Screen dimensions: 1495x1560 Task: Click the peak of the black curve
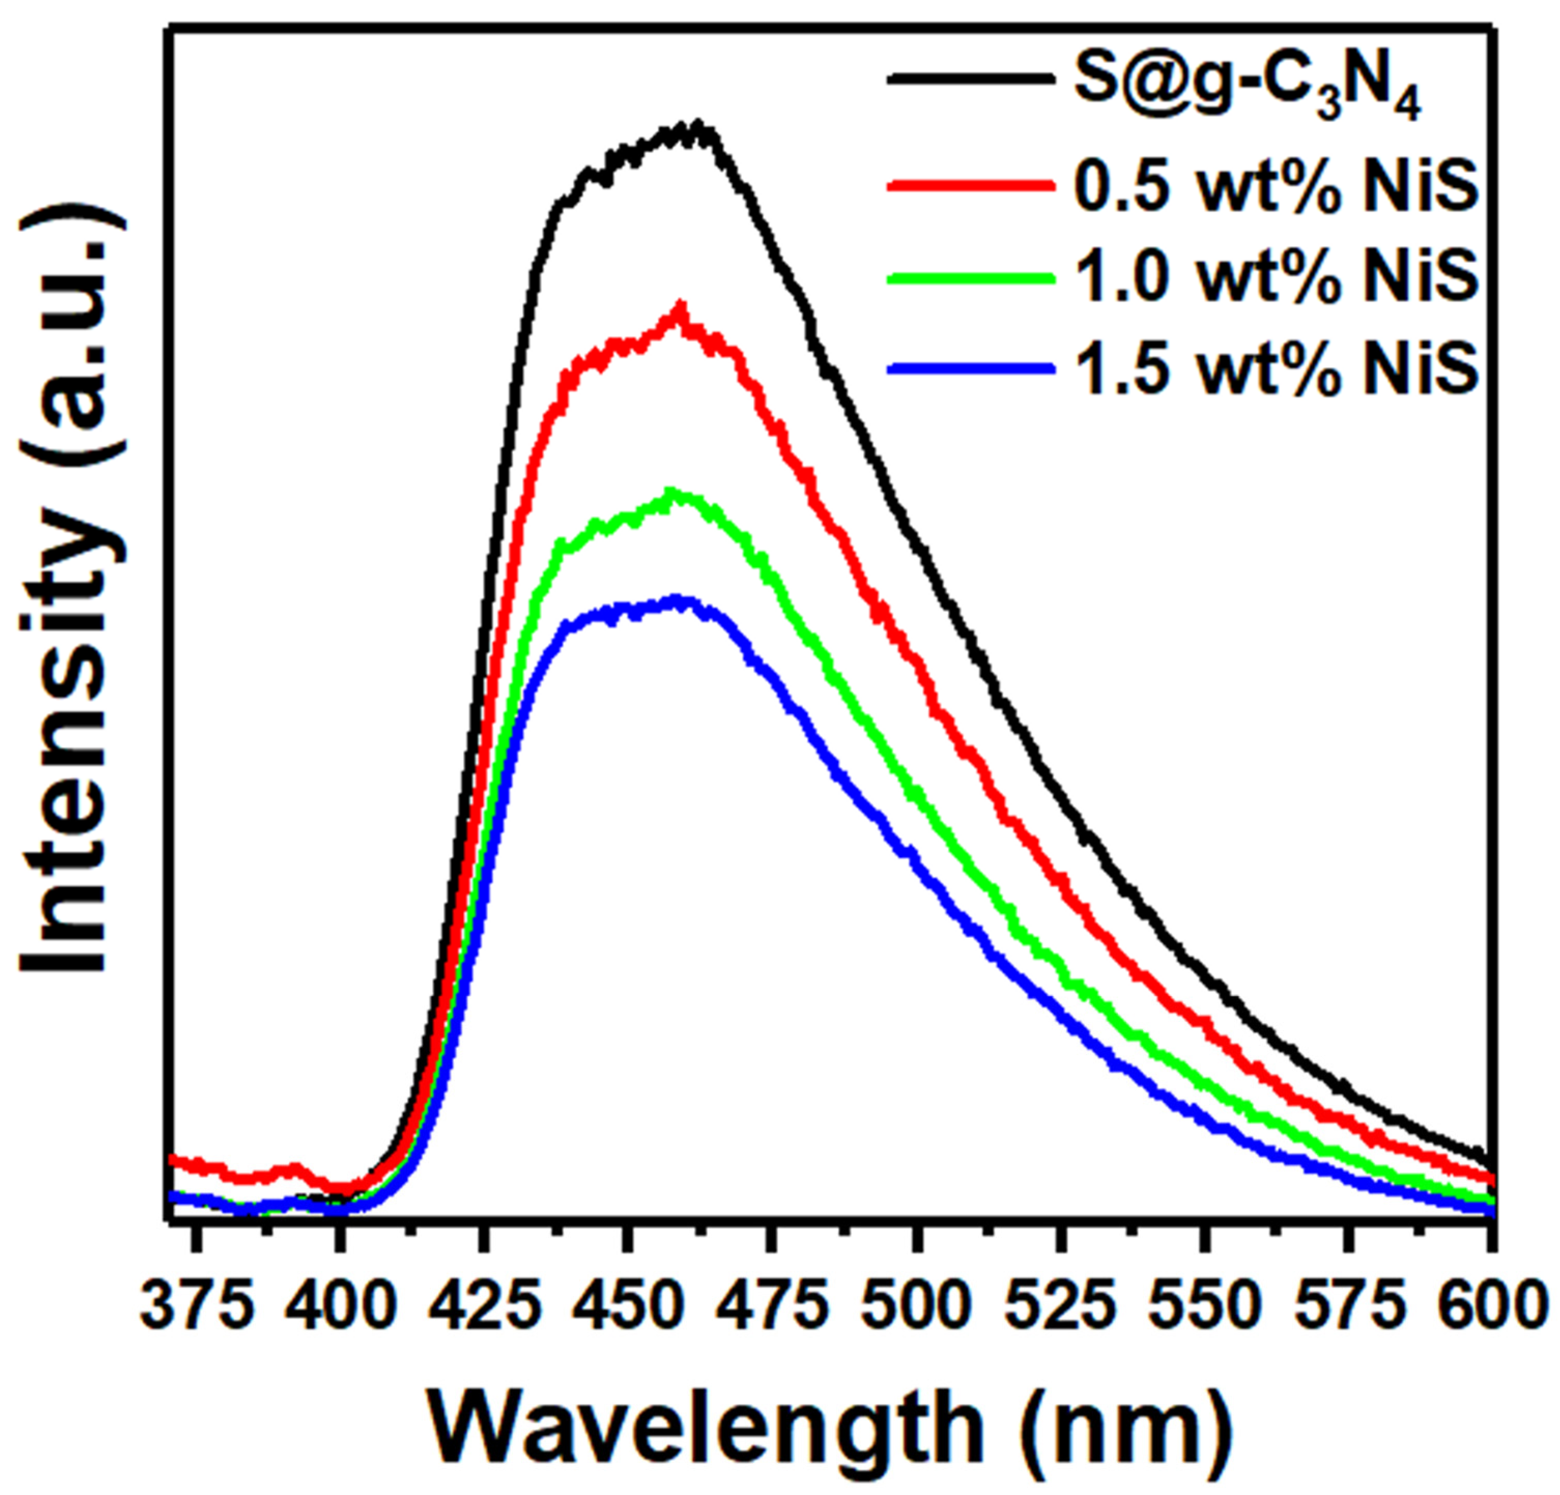point(698,125)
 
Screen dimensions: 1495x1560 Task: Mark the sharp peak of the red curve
point(679,305)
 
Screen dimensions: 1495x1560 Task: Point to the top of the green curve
point(672,492)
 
